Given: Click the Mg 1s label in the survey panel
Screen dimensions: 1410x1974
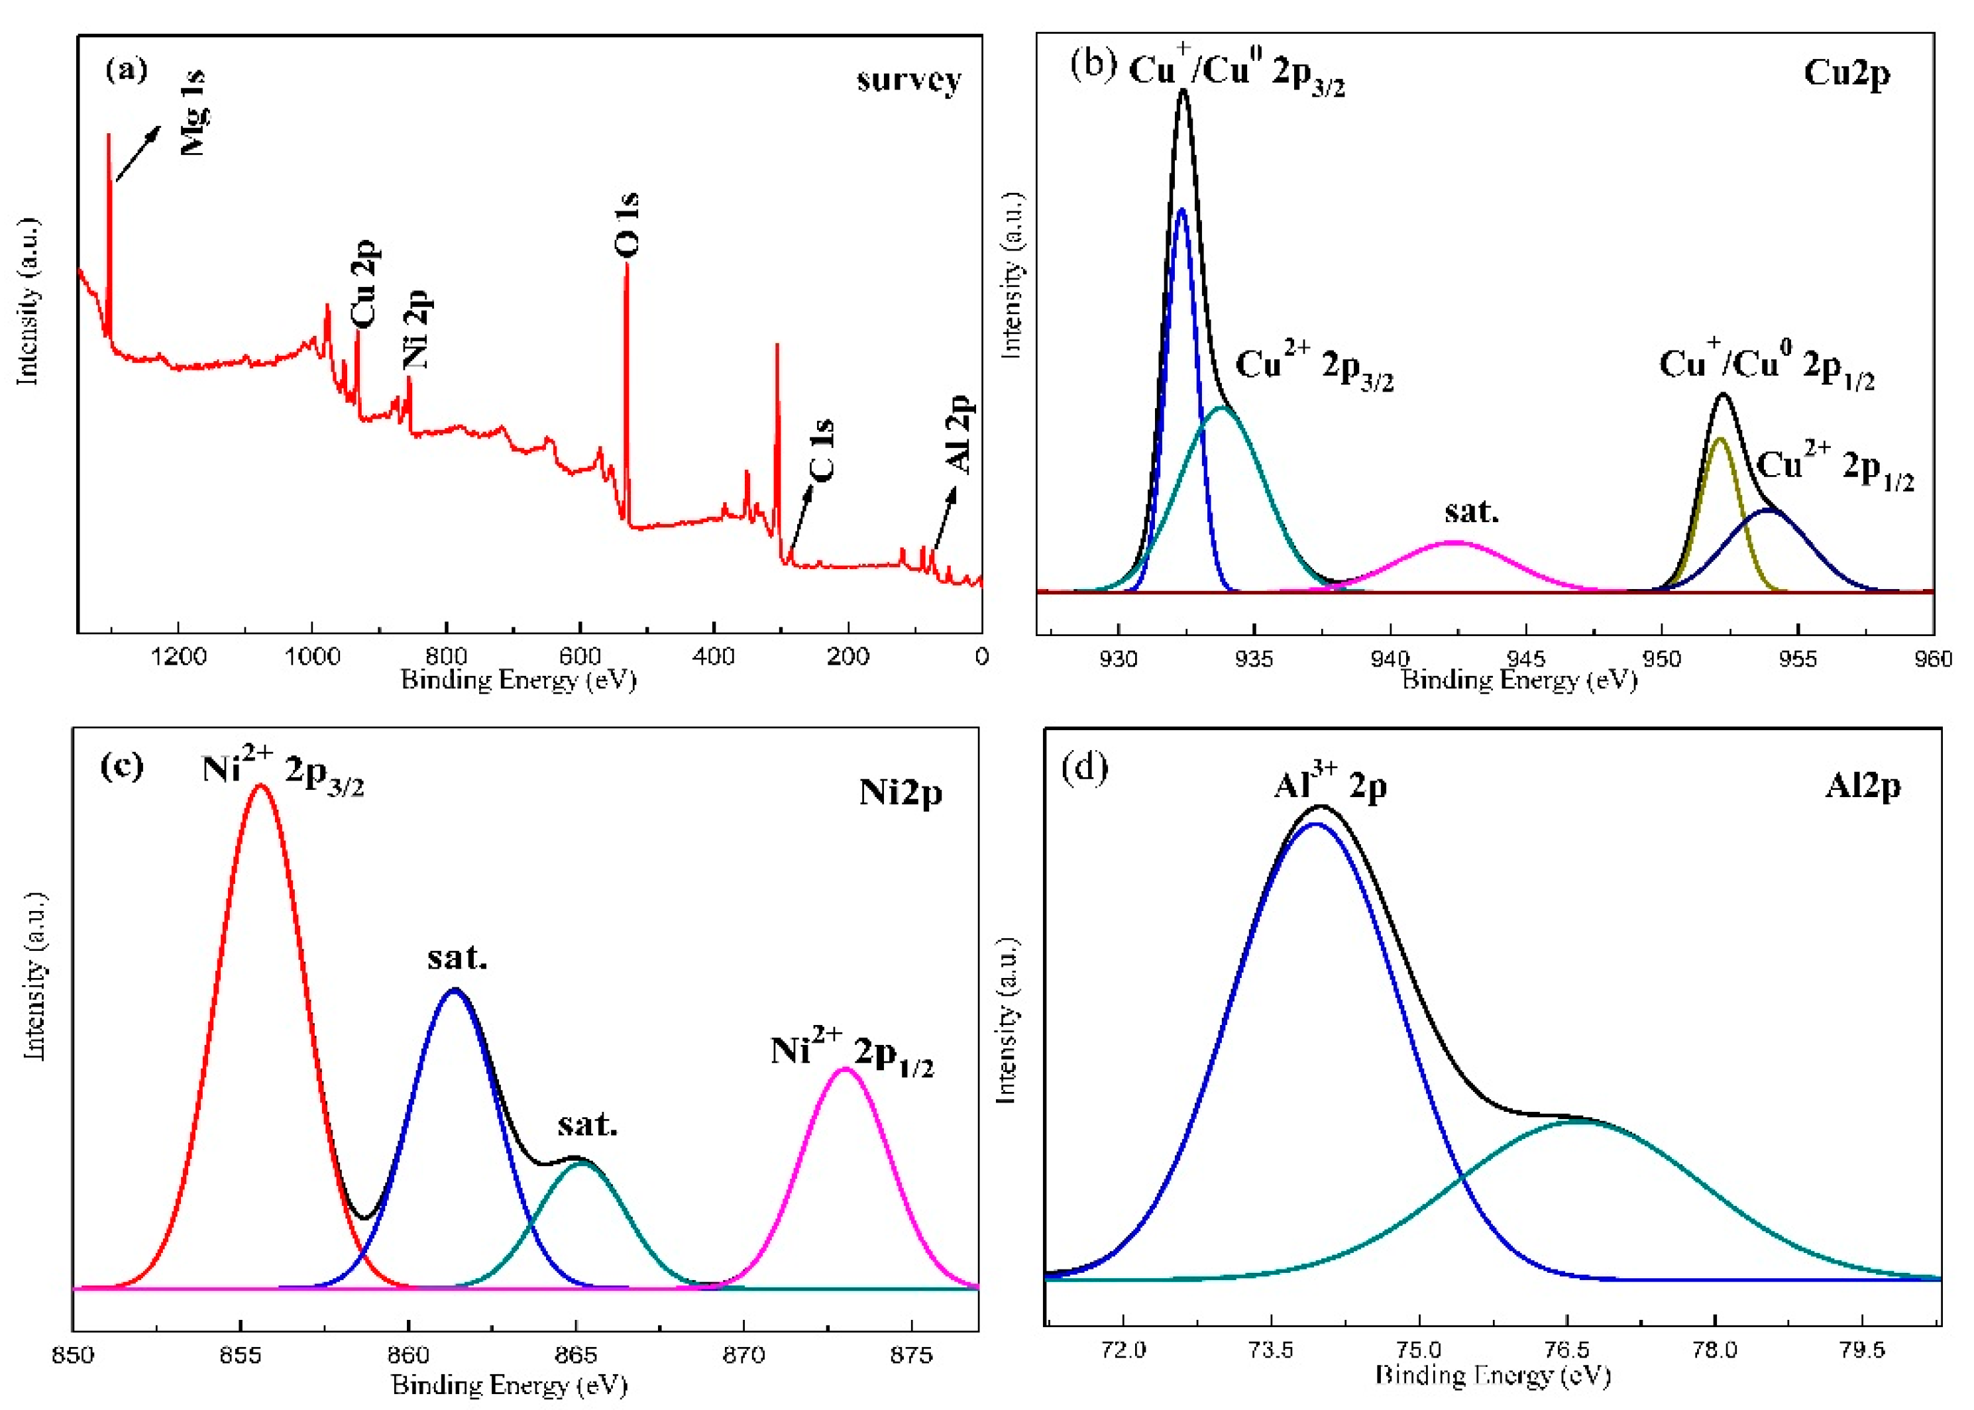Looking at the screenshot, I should [193, 113].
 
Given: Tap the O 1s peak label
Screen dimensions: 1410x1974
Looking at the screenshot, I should [627, 224].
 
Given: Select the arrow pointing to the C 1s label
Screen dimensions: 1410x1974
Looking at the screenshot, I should [800, 521].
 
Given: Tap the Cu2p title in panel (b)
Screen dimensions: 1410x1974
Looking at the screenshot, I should [1845, 73].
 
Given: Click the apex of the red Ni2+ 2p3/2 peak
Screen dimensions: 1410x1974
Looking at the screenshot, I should [261, 785].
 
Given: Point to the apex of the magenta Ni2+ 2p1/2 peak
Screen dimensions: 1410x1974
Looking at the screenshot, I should [845, 1068].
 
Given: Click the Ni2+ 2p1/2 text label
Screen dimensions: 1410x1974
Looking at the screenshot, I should [851, 1052].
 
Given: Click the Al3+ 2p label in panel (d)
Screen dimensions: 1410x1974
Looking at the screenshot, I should [1330, 784].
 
